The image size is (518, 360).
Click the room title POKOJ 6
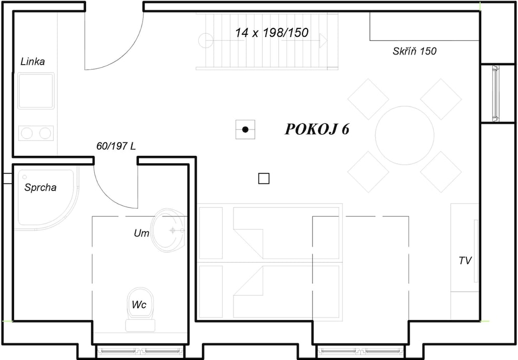coord(317,129)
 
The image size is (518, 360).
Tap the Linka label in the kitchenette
coord(32,62)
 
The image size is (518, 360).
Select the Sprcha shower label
coord(40,188)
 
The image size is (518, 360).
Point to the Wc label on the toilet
coord(139,305)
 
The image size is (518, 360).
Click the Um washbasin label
coord(141,233)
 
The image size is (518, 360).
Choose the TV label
coord(465,261)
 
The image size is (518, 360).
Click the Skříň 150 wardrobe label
coord(414,51)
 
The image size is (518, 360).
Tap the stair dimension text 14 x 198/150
coord(271,33)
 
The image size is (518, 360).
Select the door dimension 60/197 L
coord(116,146)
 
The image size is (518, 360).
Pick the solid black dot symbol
coord(245,129)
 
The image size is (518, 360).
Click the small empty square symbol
coord(264,179)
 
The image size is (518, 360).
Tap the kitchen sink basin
coord(36,91)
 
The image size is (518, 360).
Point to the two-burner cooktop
coord(36,133)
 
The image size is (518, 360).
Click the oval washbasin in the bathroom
coord(168,230)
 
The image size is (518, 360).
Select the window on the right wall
coord(495,93)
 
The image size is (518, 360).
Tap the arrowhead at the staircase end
coord(323,40)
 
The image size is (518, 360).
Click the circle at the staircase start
coord(206,40)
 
